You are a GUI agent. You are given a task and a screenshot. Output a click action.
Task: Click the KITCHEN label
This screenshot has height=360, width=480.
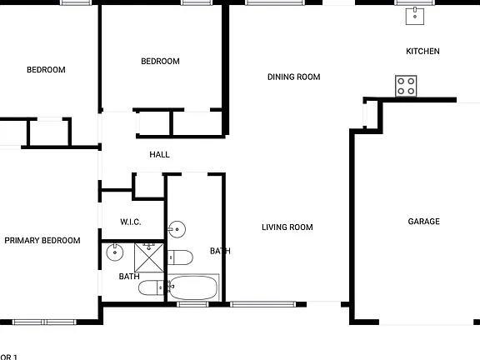[x=422, y=52]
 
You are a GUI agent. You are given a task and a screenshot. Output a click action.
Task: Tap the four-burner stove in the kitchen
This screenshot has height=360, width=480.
[x=406, y=85]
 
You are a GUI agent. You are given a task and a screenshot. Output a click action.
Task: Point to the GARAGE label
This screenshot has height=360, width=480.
[x=423, y=222]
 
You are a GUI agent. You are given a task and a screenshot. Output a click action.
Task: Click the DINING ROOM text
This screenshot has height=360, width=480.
[x=293, y=77]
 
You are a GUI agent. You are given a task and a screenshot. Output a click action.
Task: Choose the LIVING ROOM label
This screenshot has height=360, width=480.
[x=287, y=227]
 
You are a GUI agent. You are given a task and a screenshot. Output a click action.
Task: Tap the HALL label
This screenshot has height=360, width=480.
[x=159, y=155]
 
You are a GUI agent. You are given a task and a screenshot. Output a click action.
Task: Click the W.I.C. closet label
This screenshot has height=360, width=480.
[x=131, y=222]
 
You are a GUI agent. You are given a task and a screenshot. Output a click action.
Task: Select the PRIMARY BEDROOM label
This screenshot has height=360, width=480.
[x=42, y=241]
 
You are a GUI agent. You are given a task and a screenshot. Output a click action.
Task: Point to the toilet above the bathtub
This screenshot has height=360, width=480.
[x=181, y=256]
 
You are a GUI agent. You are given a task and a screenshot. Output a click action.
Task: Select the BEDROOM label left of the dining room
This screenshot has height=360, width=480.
[x=160, y=62]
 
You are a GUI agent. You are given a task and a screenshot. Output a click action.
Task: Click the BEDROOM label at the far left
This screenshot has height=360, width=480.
[x=45, y=70]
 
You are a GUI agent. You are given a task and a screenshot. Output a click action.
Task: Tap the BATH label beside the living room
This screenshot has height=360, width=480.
[x=220, y=251]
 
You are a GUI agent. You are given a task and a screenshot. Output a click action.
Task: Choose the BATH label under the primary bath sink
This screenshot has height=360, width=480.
[x=129, y=277]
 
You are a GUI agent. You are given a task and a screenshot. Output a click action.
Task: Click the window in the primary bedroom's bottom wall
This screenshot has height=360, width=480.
[x=43, y=322]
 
